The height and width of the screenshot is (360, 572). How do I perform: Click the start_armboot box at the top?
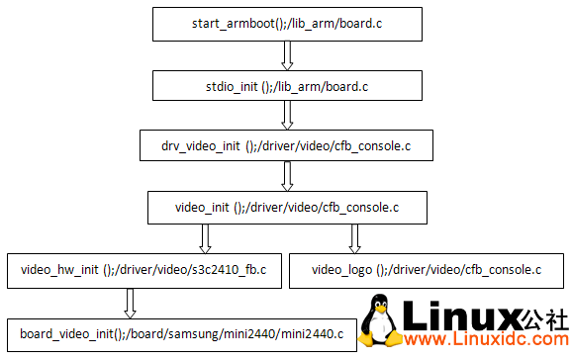[287, 22]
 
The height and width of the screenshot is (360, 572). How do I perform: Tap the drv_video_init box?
[287, 145]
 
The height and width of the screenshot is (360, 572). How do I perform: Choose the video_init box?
[287, 208]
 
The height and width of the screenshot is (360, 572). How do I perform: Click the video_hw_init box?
[143, 269]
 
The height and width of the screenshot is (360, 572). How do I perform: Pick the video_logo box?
[427, 269]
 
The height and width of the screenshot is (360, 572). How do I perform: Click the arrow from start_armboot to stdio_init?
[287, 53]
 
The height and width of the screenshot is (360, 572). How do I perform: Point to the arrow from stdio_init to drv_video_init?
[287, 115]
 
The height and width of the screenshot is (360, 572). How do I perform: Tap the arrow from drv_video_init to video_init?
[287, 177]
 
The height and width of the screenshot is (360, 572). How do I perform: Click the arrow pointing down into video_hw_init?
[206, 238]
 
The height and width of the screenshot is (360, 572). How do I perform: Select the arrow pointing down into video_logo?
[354, 238]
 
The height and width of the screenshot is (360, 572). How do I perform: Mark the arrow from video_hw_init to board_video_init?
[130, 301]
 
